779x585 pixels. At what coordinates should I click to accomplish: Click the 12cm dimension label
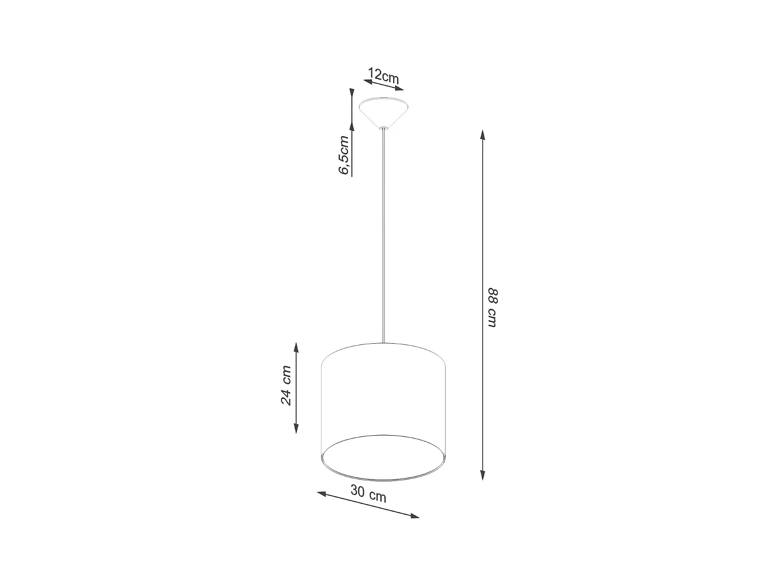[x=383, y=76]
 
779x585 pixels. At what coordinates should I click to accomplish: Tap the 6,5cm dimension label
[x=344, y=154]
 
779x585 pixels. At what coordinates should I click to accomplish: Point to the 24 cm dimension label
[x=286, y=385]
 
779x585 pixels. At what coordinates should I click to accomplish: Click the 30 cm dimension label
[x=368, y=493]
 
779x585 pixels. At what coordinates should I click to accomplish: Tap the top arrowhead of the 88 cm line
[x=483, y=135]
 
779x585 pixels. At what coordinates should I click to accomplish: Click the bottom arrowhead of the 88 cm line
[x=483, y=475]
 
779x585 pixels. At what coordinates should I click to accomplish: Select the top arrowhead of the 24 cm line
[x=296, y=347]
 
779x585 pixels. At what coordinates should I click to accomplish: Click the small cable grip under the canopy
[x=383, y=128]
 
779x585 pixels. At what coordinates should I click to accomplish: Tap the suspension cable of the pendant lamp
[x=383, y=234]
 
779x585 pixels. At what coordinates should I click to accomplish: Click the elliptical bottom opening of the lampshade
[x=383, y=457]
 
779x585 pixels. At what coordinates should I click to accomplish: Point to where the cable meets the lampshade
[x=383, y=343]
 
